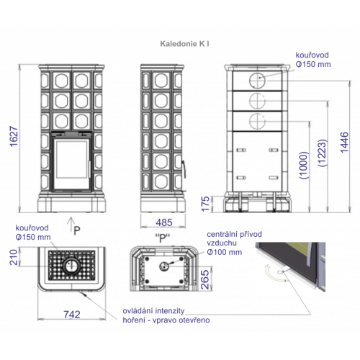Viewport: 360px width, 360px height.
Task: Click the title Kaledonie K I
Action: coord(184,44)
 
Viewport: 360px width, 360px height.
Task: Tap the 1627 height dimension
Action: coord(14,136)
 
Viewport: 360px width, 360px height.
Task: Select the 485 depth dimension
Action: coord(164,222)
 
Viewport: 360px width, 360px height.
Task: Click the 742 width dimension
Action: coord(72,315)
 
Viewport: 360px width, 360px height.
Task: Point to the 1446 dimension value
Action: coord(344,142)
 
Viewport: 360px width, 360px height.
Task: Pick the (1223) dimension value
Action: coord(323,153)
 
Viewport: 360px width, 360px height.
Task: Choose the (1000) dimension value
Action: coord(303,165)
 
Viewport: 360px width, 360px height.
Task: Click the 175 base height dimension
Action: coord(205,204)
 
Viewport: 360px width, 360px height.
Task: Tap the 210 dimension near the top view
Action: coord(14,257)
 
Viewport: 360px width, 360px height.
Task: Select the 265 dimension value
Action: coord(204,279)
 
